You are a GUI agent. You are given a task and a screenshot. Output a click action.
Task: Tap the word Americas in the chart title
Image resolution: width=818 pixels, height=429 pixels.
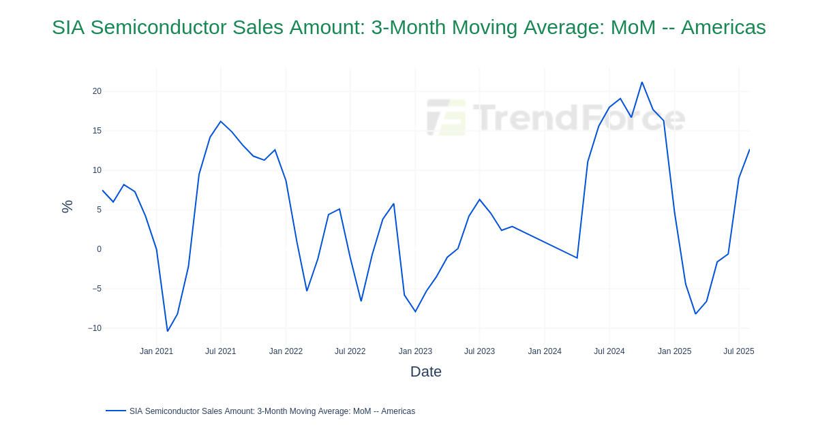pos(723,27)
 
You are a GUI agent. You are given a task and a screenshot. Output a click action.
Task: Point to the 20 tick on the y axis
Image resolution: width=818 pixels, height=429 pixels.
pos(97,91)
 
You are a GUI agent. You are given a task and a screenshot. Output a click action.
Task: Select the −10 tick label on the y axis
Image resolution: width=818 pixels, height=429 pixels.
pos(95,328)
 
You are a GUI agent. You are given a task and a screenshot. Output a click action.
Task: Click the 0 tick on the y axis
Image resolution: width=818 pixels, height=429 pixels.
pos(99,249)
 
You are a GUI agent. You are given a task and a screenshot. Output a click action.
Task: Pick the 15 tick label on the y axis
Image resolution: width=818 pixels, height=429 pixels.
pos(97,131)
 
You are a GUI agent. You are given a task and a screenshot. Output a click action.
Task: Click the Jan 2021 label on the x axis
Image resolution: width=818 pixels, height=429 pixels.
pos(156,351)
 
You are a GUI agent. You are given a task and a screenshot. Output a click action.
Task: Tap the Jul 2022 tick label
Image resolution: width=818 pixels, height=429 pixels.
pos(350,351)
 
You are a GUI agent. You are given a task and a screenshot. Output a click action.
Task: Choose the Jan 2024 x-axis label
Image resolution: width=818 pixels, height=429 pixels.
pos(545,351)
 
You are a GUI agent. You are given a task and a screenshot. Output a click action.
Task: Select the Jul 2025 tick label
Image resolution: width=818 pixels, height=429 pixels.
pos(738,351)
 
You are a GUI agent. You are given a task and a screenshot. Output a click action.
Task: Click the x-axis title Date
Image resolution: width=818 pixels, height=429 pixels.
pos(425,372)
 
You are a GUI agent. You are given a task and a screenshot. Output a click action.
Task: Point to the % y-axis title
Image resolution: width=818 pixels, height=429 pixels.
pos(67,206)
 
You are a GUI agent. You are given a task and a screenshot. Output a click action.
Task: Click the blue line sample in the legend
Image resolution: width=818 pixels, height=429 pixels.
pos(115,411)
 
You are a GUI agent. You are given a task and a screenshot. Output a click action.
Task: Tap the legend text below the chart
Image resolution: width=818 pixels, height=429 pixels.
pos(272,411)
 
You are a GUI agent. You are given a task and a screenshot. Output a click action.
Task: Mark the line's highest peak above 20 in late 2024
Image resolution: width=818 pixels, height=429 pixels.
pos(641,82)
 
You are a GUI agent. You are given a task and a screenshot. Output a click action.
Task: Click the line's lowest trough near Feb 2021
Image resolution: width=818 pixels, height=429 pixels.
pos(167,331)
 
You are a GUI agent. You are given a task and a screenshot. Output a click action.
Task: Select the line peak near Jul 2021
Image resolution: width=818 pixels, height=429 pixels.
pos(221,122)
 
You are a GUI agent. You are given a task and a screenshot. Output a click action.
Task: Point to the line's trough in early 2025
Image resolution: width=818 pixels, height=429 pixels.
pos(695,314)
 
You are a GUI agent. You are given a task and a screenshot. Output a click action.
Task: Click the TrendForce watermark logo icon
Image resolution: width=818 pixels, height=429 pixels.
pos(446,117)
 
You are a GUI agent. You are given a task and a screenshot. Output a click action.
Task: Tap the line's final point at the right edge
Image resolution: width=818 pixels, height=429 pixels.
pos(749,150)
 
